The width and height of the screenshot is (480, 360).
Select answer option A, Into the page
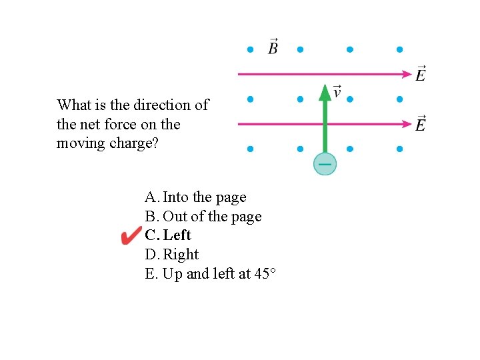coord(195,197)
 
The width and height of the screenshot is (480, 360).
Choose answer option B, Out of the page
coord(203,217)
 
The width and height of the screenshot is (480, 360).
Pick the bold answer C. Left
coord(168,235)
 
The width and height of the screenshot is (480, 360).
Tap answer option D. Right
coord(171,255)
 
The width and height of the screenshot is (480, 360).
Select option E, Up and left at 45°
coord(210,274)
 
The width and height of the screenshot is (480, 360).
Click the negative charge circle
coord(325,163)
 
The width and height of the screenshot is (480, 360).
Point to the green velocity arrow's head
coord(325,92)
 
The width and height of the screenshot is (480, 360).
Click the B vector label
coord(273,47)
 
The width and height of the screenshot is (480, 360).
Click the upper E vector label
coord(421,73)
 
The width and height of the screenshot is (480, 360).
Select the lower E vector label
coord(421,123)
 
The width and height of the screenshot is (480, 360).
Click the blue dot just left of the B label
coord(250,49)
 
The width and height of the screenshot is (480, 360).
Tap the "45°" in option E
coord(265,274)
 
